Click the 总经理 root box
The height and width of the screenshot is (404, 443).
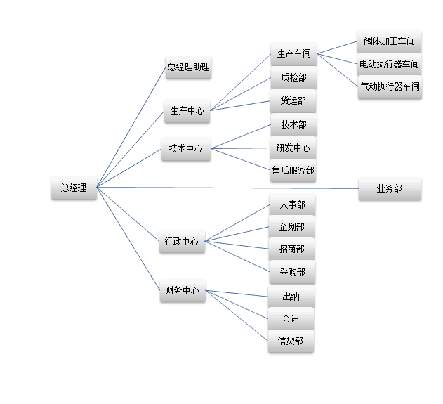point(74,188)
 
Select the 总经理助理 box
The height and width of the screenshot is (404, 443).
point(187,67)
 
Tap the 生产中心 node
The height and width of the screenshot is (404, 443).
point(187,110)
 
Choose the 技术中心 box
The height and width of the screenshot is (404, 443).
point(185,148)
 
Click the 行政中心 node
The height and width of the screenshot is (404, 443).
point(181,241)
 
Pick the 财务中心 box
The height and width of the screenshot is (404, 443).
point(182,290)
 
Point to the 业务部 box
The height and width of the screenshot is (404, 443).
point(389,188)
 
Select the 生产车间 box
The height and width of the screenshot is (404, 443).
point(293,53)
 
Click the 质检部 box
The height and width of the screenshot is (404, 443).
point(293,77)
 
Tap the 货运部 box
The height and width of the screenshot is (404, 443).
point(293,100)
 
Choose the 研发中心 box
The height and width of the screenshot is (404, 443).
point(293,148)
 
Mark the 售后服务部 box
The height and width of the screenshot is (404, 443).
point(293,169)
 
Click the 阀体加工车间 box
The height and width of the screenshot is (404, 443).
point(389,41)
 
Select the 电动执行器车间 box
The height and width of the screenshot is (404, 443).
point(389,64)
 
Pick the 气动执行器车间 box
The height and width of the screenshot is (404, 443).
point(389,87)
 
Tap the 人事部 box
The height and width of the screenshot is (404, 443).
point(292,205)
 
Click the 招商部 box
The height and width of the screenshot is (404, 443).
point(292,249)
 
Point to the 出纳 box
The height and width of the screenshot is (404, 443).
point(291,297)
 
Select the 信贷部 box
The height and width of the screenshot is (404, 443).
point(291,341)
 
